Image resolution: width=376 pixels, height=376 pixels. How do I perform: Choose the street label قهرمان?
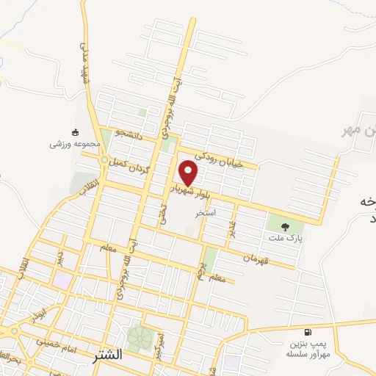tap(245, 256)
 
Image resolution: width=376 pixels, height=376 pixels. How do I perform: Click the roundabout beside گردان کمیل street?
tap(106, 161)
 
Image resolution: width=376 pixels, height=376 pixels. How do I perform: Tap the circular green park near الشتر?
tap(140, 338)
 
